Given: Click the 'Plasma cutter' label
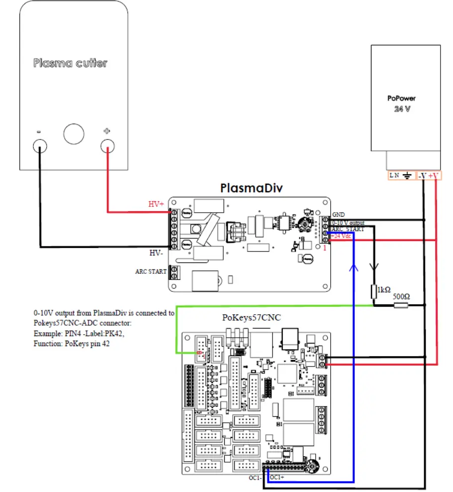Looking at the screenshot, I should point(70,63).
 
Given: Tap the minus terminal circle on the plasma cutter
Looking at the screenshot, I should point(39,146).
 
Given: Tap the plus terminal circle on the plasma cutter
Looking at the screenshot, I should point(107,146).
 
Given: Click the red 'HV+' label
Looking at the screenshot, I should point(156,204).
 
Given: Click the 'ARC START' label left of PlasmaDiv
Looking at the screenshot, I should point(151,272).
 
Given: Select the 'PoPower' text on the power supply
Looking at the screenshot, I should point(401,99).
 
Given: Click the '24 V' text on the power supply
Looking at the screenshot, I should point(402,109).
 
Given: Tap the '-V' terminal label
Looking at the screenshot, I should point(422,176).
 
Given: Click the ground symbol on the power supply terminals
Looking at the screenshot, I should point(407,175).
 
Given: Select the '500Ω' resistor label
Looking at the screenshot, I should point(401,296).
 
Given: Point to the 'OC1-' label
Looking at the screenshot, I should point(256,478).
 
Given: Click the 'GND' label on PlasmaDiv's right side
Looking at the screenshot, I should point(339,215).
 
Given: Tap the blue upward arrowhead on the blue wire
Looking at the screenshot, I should point(353,267).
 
